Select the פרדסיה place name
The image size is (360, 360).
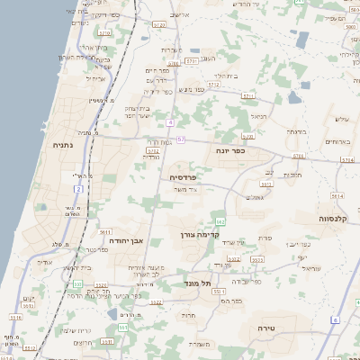tap(184, 177)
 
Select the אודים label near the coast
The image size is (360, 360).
tap(45, 262)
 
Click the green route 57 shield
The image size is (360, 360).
tap(181, 139)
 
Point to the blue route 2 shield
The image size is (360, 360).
tap(78, 190)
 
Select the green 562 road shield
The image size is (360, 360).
tap(220, 221)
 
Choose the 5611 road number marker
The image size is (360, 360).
tap(105, 232)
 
